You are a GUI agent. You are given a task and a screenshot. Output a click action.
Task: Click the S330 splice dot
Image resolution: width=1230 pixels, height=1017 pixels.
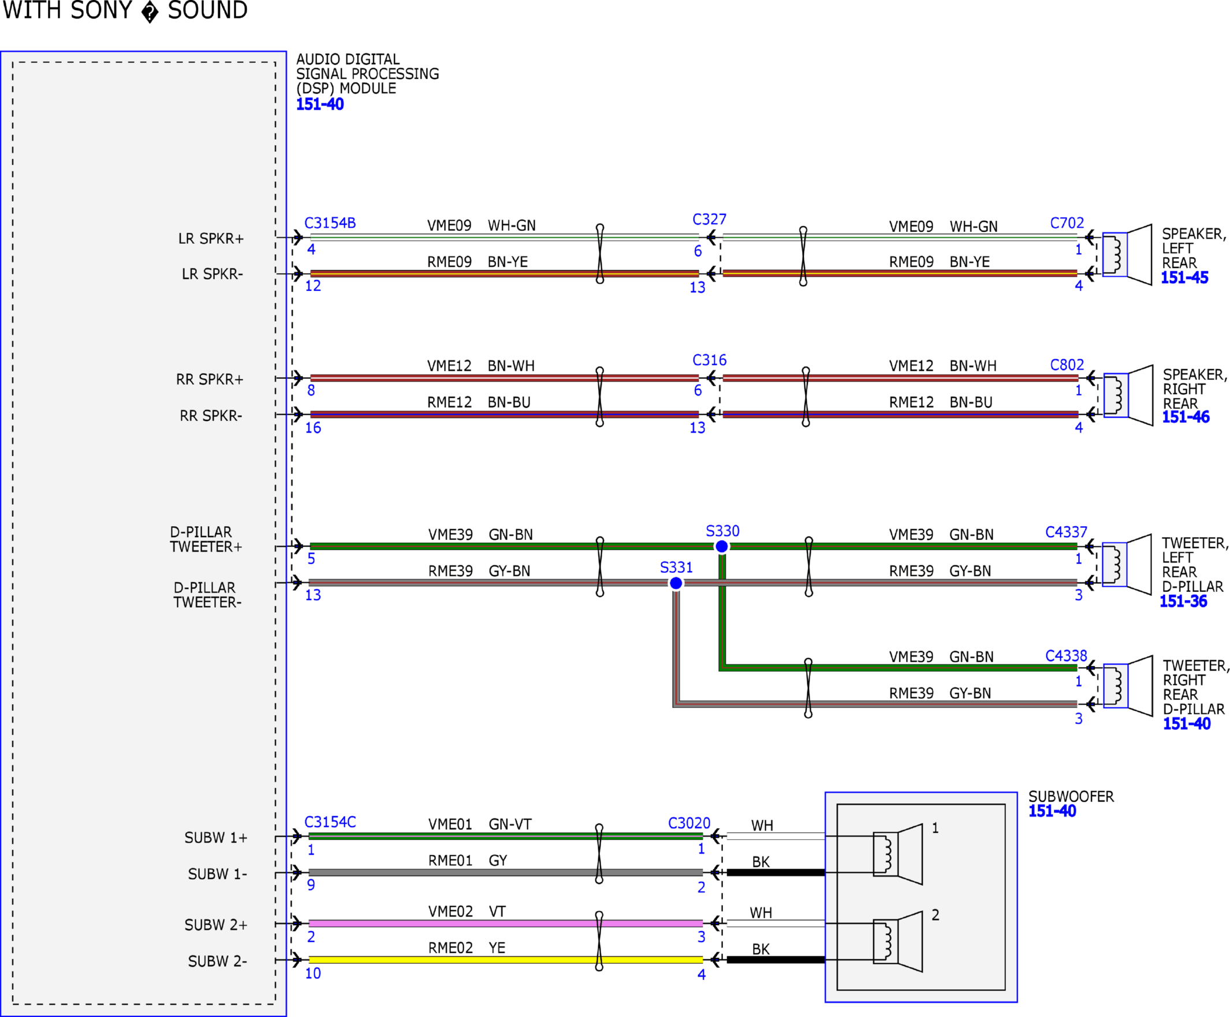pyautogui.click(x=722, y=546)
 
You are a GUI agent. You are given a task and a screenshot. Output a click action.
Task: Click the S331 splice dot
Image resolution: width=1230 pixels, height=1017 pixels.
pyautogui.click(x=676, y=583)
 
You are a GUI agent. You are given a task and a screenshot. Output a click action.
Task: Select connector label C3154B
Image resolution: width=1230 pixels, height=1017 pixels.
pyautogui.click(x=330, y=223)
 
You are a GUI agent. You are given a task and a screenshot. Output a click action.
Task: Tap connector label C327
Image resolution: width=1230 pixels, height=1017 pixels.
pyautogui.click(x=709, y=219)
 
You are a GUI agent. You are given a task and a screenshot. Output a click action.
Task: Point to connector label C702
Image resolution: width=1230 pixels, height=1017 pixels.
pyautogui.click(x=1067, y=223)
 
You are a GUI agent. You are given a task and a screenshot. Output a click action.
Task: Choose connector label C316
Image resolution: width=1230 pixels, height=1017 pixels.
pyautogui.click(x=709, y=360)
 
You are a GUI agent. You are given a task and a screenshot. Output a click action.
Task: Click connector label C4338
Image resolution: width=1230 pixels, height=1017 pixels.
pyautogui.click(x=1067, y=656)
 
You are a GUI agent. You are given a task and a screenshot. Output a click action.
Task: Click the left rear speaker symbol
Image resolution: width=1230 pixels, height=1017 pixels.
pyautogui.click(x=1127, y=255)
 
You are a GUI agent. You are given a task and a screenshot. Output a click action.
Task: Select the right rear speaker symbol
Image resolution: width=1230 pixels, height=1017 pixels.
pyautogui.click(x=1129, y=396)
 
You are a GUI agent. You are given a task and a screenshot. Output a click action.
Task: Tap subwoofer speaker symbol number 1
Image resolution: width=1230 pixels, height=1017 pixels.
pyautogui.click(x=898, y=854)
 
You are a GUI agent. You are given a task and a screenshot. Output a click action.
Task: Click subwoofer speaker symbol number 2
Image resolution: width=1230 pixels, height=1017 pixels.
pyautogui.click(x=898, y=941)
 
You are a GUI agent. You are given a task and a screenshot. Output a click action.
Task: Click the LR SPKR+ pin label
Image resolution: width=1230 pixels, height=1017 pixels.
pyautogui.click(x=211, y=239)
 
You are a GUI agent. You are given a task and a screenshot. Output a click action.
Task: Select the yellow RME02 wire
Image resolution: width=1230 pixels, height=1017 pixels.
pyautogui.click(x=505, y=960)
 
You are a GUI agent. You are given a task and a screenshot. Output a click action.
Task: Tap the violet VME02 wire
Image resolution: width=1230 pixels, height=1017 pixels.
pyautogui.click(x=505, y=923)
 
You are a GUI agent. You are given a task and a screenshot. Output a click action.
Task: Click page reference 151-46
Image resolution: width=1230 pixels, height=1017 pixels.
pyautogui.click(x=1186, y=417)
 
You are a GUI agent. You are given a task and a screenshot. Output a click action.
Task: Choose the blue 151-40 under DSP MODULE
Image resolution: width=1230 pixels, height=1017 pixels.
pyautogui.click(x=320, y=105)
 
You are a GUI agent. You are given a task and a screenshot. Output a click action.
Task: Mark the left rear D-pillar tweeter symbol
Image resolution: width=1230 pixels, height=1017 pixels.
pyautogui.click(x=1127, y=565)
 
